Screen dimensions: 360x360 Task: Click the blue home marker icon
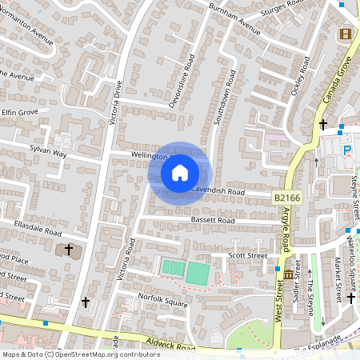pyautogui.click(x=180, y=172)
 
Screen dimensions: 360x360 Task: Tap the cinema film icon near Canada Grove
pyautogui.click(x=345, y=34)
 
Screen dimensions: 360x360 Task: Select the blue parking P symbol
pyautogui.click(x=347, y=150)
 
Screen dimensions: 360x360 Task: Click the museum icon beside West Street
pyautogui.click(x=288, y=275)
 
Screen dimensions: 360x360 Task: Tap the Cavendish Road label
pyautogui.click(x=217, y=190)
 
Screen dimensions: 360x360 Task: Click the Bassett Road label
pyautogui.click(x=212, y=219)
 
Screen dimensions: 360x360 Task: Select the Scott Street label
pyautogui.click(x=247, y=255)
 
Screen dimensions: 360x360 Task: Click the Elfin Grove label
pyautogui.click(x=19, y=113)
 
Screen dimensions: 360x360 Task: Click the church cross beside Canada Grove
pyautogui.click(x=323, y=124)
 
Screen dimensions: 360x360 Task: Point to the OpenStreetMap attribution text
pyautogui.click(x=70, y=354)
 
